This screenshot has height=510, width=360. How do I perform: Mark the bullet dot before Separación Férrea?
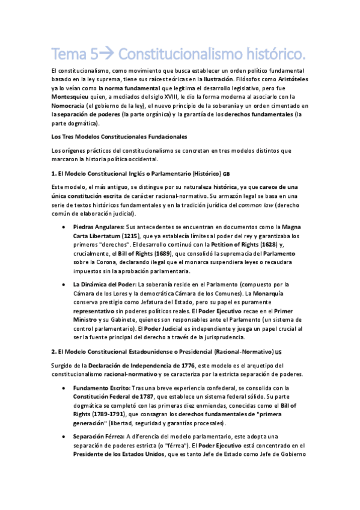[64, 437]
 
